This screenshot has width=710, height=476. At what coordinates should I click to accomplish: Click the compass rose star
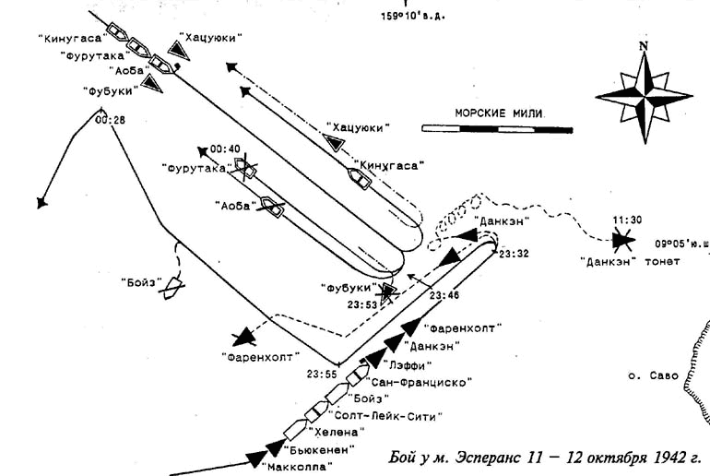pyautogui.click(x=643, y=94)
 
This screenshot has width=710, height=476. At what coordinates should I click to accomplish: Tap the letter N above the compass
pyautogui.click(x=643, y=46)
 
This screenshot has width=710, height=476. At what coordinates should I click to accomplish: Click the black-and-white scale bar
pyautogui.click(x=497, y=129)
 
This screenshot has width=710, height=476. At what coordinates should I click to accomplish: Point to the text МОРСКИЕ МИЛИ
pyautogui.click(x=499, y=113)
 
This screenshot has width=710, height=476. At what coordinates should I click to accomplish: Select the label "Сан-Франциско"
pyautogui.click(x=420, y=381)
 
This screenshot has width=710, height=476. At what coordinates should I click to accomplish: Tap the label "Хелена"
pyautogui.click(x=335, y=432)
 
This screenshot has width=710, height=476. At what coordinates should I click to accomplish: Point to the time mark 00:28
pyautogui.click(x=109, y=119)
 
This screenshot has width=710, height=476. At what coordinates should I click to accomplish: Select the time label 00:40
pyautogui.click(x=225, y=149)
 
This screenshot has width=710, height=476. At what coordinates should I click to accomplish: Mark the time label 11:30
pyautogui.click(x=626, y=220)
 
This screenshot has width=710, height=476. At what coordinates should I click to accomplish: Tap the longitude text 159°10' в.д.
pyautogui.click(x=414, y=16)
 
